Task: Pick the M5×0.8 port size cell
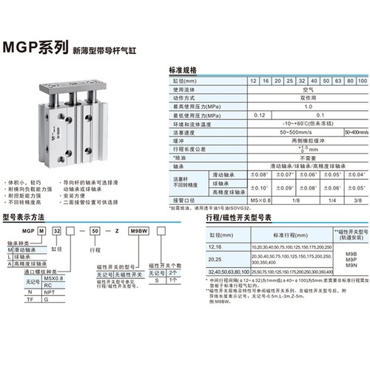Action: point(258,180)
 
